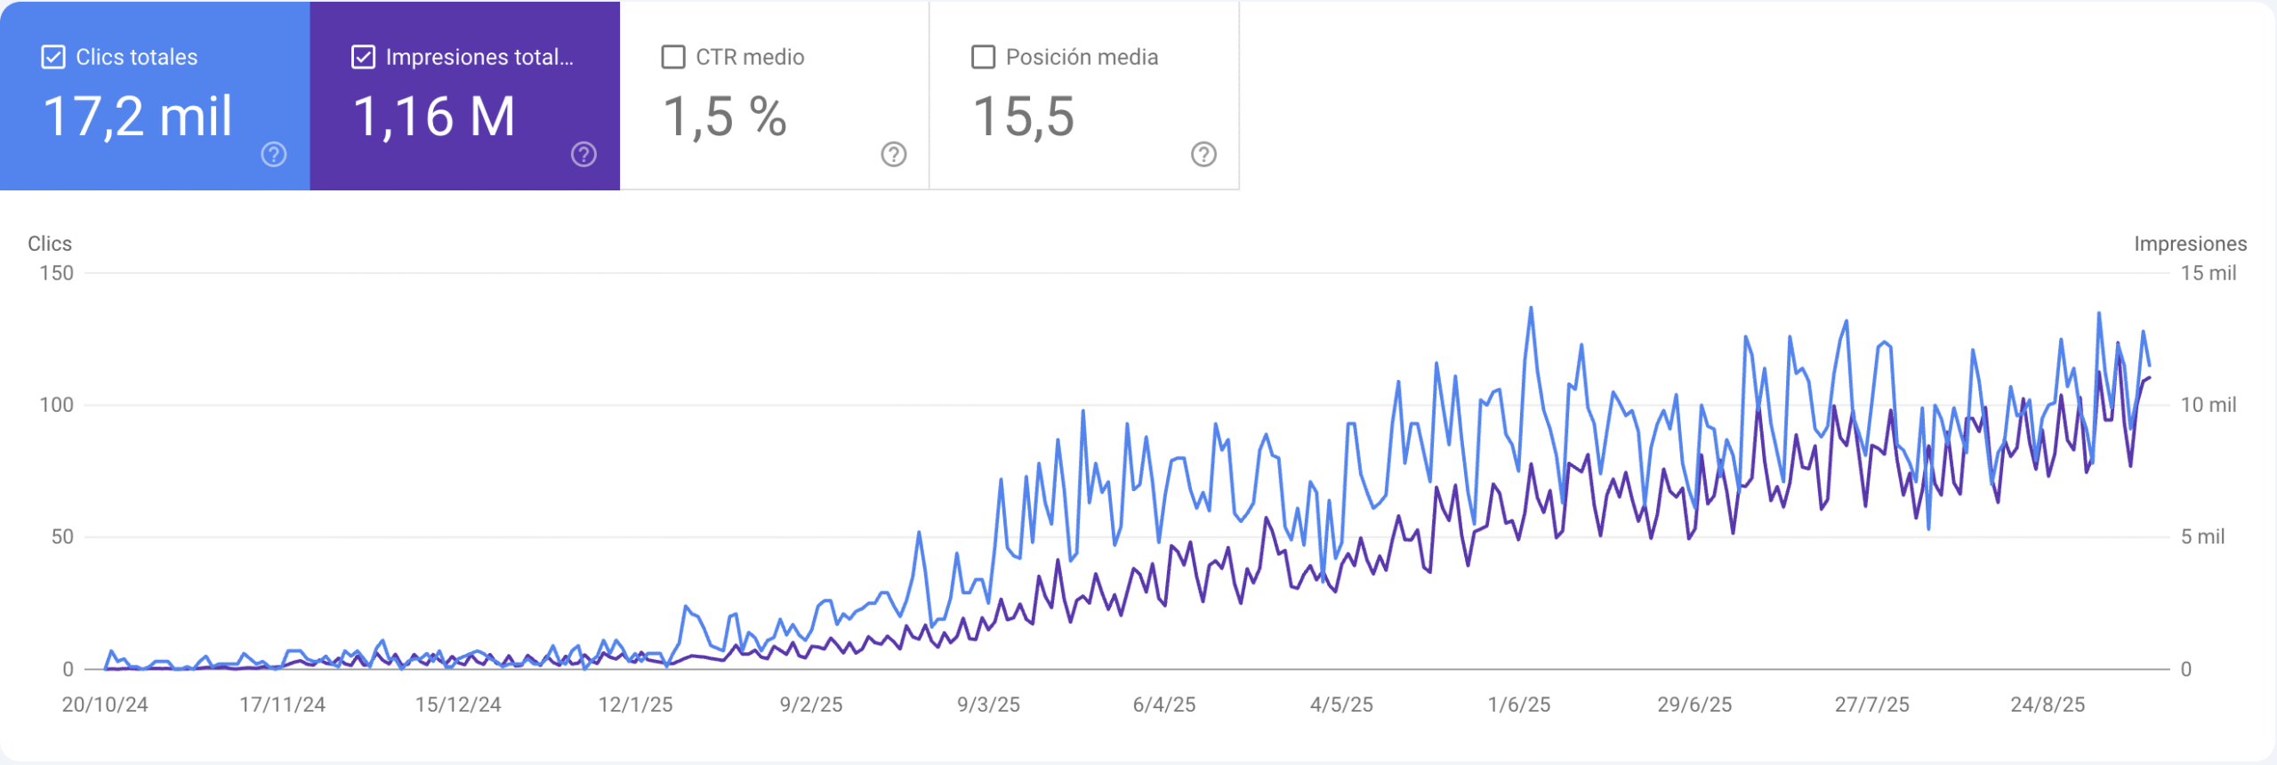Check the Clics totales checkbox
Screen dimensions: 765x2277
[53, 58]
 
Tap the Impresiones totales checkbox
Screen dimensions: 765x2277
[363, 58]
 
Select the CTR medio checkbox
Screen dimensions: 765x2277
[673, 58]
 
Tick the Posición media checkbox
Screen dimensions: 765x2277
[983, 58]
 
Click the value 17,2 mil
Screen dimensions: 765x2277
[138, 117]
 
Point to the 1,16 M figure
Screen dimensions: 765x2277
[434, 117]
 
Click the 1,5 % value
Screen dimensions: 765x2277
[725, 117]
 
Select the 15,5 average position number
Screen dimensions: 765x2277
[1024, 117]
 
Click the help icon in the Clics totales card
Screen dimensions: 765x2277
[274, 155]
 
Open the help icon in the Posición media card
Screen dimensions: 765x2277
[1203, 155]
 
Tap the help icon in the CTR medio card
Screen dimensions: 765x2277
[894, 155]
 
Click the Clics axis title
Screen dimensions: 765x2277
[50, 244]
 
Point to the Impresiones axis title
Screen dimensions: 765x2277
[2190, 244]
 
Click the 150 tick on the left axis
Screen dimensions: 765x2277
[57, 273]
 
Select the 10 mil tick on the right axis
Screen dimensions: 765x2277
[2208, 405]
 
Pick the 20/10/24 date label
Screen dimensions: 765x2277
[105, 705]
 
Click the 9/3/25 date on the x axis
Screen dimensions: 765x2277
[988, 705]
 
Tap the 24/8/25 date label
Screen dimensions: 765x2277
[2048, 705]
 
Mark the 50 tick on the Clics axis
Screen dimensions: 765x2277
[62, 536]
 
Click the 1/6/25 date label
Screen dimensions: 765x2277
[1519, 705]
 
